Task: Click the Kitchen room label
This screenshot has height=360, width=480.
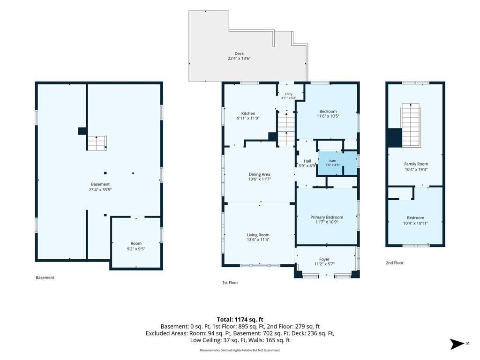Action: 248,113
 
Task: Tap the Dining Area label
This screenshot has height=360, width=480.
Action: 259,174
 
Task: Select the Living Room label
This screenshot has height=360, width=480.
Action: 258,235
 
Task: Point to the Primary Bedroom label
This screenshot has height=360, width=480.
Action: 327,217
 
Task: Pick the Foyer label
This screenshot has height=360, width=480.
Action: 324,259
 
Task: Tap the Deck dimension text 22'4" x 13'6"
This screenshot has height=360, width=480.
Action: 239,59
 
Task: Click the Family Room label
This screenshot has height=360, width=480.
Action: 416,164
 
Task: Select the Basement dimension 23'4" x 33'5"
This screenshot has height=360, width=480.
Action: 100,190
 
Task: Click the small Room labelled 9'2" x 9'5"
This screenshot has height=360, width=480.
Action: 136,243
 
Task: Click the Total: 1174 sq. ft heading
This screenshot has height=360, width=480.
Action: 240,320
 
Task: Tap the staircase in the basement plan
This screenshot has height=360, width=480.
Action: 97,143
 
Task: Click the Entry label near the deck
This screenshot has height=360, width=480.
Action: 289,94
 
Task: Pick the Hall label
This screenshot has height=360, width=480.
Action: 307,161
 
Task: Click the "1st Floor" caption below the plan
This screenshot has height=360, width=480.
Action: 230,283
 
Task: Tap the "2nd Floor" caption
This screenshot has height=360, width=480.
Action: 395,262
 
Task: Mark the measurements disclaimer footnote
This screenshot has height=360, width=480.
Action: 240,350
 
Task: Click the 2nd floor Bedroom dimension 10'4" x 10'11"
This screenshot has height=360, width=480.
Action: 416,223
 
